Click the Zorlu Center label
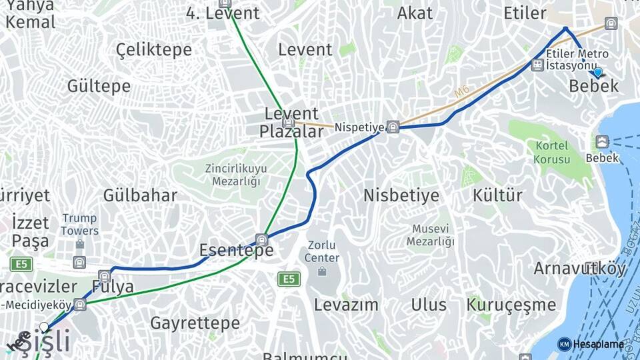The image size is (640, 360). click(x=322, y=251)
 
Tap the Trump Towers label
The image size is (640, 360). click(x=80, y=225)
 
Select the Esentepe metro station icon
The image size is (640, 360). click(x=262, y=240)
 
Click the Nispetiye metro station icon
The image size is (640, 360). click(x=393, y=127)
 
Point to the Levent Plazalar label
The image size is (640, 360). click(x=291, y=123)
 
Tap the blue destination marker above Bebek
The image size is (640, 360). click(x=597, y=73)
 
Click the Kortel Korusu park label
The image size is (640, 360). click(x=551, y=153)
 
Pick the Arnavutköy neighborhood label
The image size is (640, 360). click(x=580, y=269)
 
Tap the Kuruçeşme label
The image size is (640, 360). click(x=511, y=305)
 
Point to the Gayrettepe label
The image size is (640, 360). click(x=195, y=323)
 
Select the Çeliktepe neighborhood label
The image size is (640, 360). click(x=153, y=49)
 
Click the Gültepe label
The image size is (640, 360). click(x=99, y=86)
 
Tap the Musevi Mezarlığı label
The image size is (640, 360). click(x=430, y=235)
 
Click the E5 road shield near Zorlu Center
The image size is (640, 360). click(x=289, y=279)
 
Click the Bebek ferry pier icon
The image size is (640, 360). click(x=602, y=142)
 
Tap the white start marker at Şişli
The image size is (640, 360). click(x=44, y=327)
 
